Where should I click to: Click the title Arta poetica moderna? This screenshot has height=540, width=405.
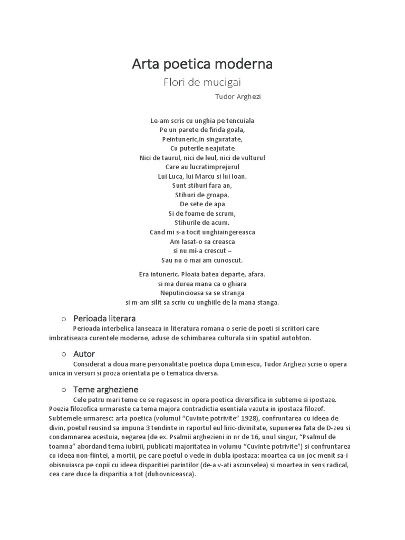pos(202,64)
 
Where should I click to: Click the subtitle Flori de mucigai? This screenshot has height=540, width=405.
pos(202,82)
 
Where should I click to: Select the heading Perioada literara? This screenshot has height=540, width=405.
pos(104,319)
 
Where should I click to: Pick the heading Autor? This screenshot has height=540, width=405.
pos(84,354)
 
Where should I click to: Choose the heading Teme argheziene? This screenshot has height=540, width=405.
pos(106,389)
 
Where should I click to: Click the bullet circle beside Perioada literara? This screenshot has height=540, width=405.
pos(63,319)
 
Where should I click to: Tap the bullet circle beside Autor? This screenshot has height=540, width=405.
pos(63,354)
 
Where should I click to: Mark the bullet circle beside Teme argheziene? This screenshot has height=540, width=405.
pos(63,390)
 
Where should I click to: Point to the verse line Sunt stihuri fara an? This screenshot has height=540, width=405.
pos(202,186)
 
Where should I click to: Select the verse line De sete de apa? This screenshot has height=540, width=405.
pos(202,204)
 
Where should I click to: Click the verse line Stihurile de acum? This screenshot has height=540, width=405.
pos(202,223)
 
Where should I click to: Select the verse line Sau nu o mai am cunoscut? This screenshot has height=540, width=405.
pos(202,260)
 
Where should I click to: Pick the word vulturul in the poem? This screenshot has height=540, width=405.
pos(250,158)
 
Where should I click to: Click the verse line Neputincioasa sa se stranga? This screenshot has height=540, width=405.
pos(202,293)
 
